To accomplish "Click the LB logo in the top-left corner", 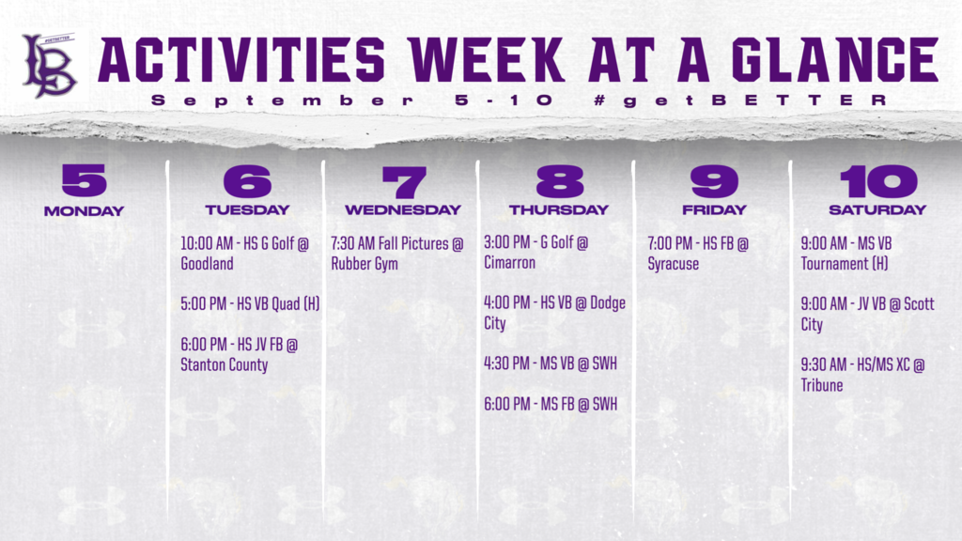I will click(x=50, y=65).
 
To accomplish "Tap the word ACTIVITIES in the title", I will click(x=240, y=61).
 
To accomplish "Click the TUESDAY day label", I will click(x=247, y=210).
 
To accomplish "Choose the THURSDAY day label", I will click(x=559, y=210).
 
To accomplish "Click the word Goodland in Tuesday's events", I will click(x=207, y=264).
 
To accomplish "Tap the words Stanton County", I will click(x=224, y=364).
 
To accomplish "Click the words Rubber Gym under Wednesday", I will click(x=365, y=264).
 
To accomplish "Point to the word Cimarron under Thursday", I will click(x=509, y=263).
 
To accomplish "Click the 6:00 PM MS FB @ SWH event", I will click(x=551, y=405).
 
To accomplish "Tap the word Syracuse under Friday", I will click(x=673, y=264).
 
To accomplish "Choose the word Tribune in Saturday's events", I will click(x=822, y=385).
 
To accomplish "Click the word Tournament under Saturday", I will click(x=834, y=264).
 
